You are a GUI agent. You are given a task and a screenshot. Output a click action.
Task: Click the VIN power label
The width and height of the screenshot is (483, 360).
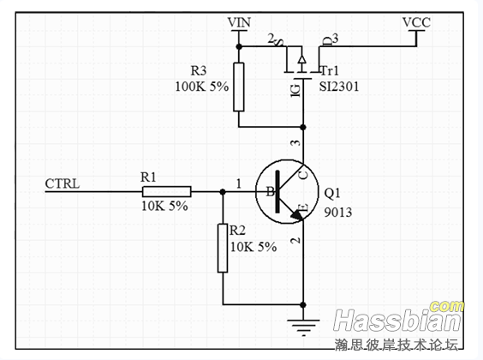[239, 22]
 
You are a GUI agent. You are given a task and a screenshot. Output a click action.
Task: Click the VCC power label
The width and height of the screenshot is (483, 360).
[416, 22]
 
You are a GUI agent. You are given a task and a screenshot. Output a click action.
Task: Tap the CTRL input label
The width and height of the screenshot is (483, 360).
[63, 183]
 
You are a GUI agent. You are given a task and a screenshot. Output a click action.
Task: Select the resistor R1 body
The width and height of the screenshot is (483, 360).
[167, 192]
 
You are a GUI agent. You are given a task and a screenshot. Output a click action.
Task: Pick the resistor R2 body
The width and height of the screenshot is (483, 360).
[223, 248]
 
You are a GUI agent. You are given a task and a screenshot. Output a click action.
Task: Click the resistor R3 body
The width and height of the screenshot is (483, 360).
[239, 87]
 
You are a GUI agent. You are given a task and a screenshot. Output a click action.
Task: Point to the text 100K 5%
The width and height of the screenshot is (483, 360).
[202, 87]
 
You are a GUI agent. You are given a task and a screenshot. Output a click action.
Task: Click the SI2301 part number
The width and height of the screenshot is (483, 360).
[339, 87]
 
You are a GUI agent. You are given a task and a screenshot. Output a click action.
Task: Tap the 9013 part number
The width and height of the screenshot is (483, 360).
[338, 213]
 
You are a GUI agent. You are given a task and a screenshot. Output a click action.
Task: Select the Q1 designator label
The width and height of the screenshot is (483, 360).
[332, 193]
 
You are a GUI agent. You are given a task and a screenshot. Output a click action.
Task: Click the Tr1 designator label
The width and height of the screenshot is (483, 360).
[330, 71]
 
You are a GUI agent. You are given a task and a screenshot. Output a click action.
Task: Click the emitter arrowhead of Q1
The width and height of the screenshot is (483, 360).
[297, 215]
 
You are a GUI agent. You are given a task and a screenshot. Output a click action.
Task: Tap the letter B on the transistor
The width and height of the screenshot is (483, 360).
[270, 192]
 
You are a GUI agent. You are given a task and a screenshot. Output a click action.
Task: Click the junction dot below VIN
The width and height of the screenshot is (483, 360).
[239, 46]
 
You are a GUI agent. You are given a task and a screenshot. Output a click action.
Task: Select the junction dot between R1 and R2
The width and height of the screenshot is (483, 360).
[223, 192]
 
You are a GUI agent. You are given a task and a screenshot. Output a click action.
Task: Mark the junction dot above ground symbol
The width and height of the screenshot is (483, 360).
[303, 305]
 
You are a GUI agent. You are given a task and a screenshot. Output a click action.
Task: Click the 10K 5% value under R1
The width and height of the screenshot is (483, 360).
[164, 207]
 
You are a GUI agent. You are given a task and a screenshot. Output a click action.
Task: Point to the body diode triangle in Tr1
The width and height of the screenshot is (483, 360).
[301, 58]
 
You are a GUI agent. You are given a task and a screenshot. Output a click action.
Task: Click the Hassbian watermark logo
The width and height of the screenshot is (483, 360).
[398, 317]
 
